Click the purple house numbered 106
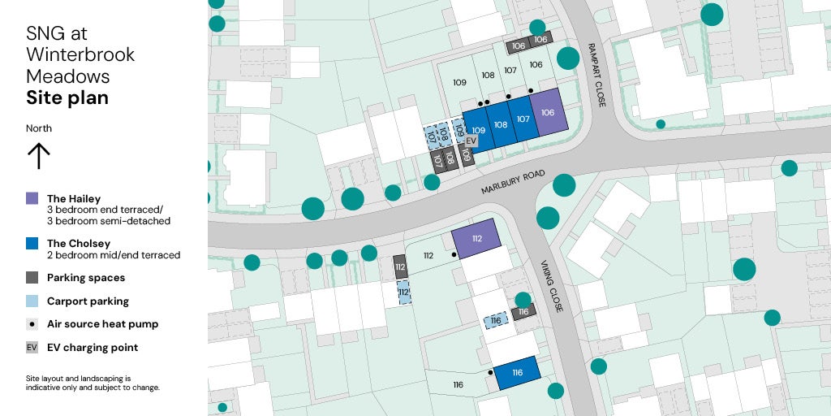(x=548, y=113)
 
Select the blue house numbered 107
(x=523, y=119)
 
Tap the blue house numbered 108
(x=501, y=125)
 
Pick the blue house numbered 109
(x=478, y=131)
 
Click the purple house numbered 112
(x=476, y=239)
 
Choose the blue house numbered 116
(x=517, y=373)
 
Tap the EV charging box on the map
(x=471, y=141)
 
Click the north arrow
(x=38, y=155)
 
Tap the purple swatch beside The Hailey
(x=32, y=198)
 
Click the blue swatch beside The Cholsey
(x=32, y=243)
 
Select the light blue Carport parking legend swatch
(x=32, y=301)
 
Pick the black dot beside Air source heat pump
(x=32, y=323)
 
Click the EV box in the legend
(x=32, y=347)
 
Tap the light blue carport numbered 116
(x=495, y=321)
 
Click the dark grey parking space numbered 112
(x=400, y=266)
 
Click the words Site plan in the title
(x=67, y=98)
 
